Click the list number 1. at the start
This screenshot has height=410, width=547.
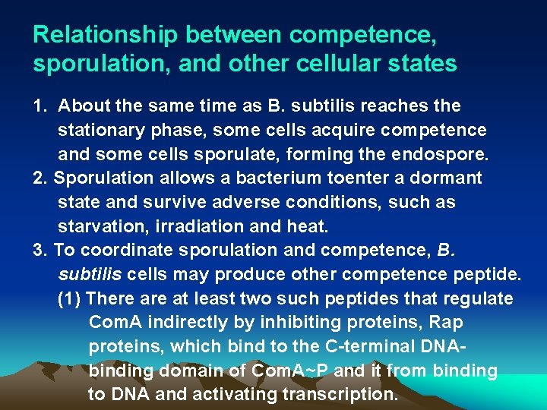pos(43,106)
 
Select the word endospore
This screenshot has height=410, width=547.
pos(445,154)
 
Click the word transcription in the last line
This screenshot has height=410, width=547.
pos(340,396)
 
